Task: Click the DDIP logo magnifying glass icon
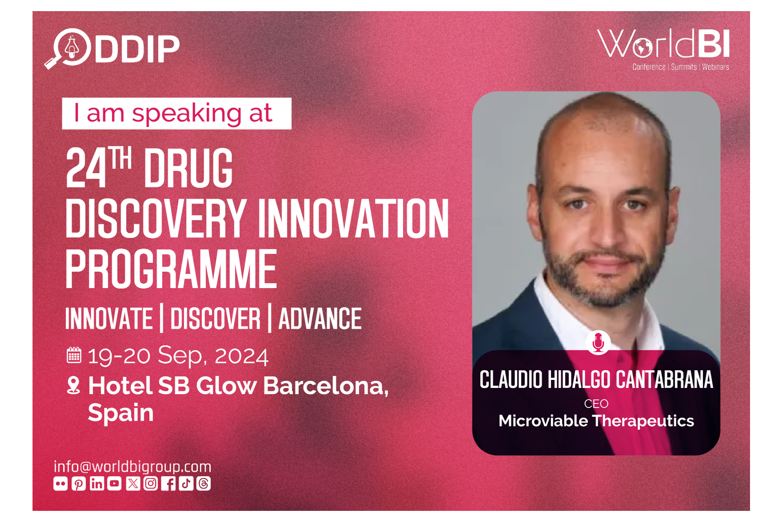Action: [68, 49]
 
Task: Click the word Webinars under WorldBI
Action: [715, 67]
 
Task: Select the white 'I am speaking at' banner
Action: [177, 113]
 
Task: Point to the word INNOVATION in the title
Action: [354, 219]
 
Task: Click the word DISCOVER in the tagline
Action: [216, 319]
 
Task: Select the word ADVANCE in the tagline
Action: [320, 319]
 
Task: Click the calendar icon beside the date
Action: [74, 355]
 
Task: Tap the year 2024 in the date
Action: [241, 355]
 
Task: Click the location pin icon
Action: [73, 385]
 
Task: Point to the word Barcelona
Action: [326, 386]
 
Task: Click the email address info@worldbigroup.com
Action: [132, 466]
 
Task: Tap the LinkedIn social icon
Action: [97, 484]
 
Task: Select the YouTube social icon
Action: [114, 484]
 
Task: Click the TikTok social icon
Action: [186, 484]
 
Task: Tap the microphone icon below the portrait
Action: [598, 343]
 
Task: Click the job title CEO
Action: [596, 404]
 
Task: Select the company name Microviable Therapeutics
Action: [596, 421]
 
